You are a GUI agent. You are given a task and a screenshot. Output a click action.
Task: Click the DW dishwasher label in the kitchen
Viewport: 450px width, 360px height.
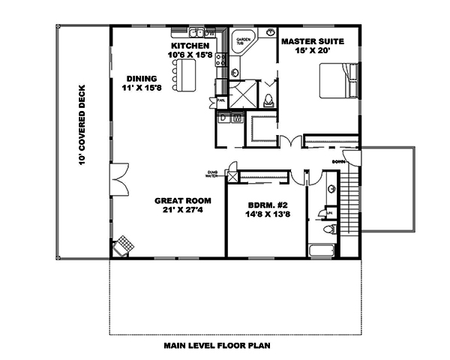pos(211,33)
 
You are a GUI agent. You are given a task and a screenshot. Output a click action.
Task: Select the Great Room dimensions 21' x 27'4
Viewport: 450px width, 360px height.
pos(182,210)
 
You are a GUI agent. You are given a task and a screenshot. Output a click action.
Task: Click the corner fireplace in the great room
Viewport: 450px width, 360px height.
pos(124,245)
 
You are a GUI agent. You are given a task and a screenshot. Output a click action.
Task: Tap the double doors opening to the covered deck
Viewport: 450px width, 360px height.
pos(116,180)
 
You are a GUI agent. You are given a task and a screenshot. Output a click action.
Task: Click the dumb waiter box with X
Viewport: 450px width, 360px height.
pos(232,176)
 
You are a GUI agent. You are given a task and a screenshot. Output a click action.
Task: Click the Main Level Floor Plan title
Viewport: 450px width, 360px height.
pos(218,346)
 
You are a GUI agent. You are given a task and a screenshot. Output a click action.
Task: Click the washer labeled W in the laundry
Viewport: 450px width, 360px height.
pos(237,118)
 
